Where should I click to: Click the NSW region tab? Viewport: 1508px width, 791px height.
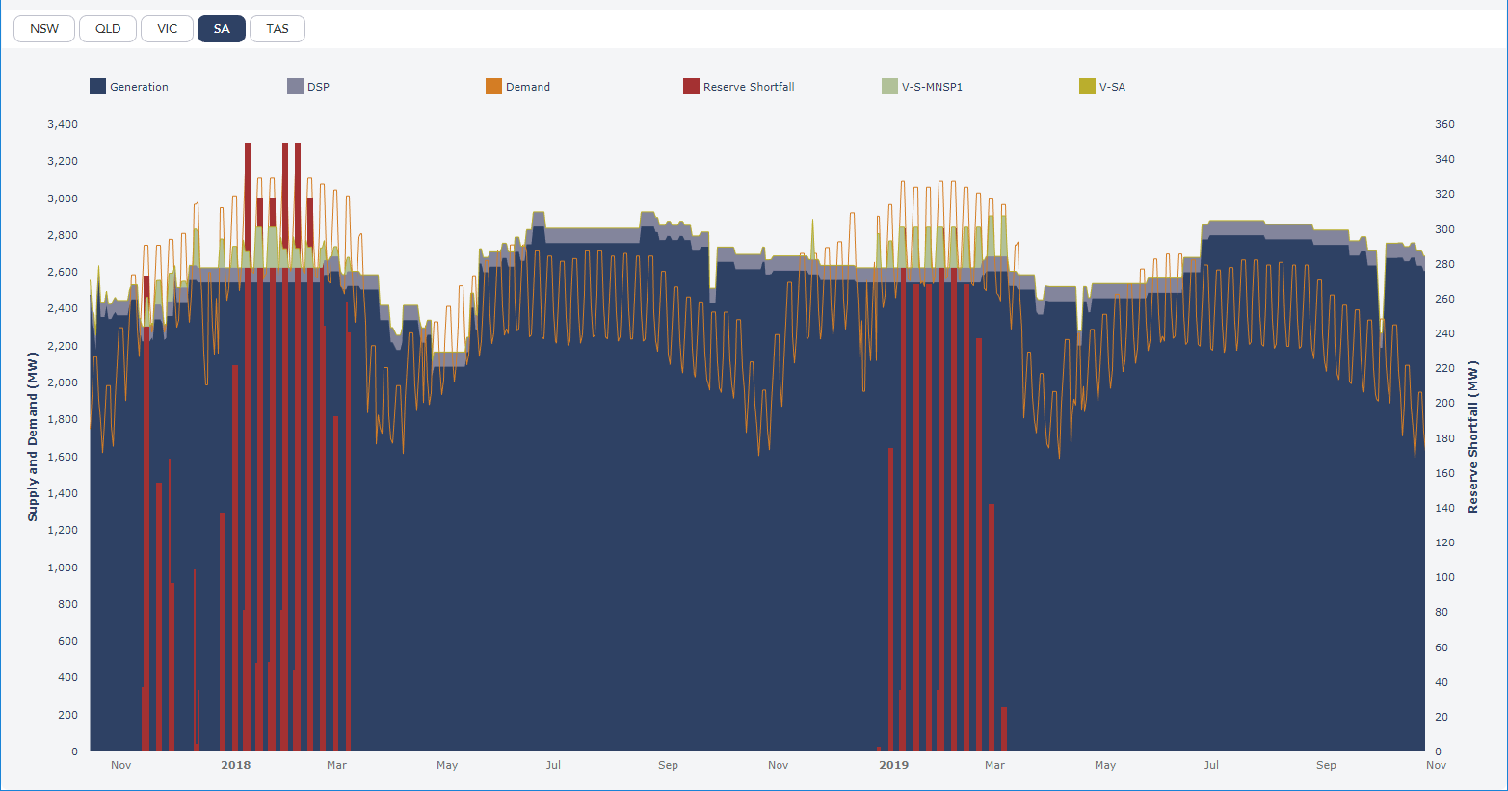pos(44,29)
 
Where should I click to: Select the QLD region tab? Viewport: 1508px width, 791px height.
pos(108,29)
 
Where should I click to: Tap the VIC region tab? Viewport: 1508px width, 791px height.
pos(168,29)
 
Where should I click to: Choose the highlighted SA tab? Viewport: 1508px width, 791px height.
pos(222,29)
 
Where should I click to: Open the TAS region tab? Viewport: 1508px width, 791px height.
pos(278,29)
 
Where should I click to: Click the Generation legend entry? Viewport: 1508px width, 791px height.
pos(129,87)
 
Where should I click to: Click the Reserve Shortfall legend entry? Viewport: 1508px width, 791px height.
pos(739,87)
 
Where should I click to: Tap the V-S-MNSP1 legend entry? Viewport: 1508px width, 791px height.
pos(922,87)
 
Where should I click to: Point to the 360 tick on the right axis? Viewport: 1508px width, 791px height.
pos(1444,124)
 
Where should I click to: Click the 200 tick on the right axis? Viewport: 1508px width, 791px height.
pos(1444,403)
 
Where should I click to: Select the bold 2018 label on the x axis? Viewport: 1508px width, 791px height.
pos(235,765)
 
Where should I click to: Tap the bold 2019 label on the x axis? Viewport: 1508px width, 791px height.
pos(893,765)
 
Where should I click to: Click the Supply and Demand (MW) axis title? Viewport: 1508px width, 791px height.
pos(33,436)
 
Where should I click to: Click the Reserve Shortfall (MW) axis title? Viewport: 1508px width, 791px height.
pos(1472,436)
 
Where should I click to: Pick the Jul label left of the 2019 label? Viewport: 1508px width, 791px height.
pos(553,765)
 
